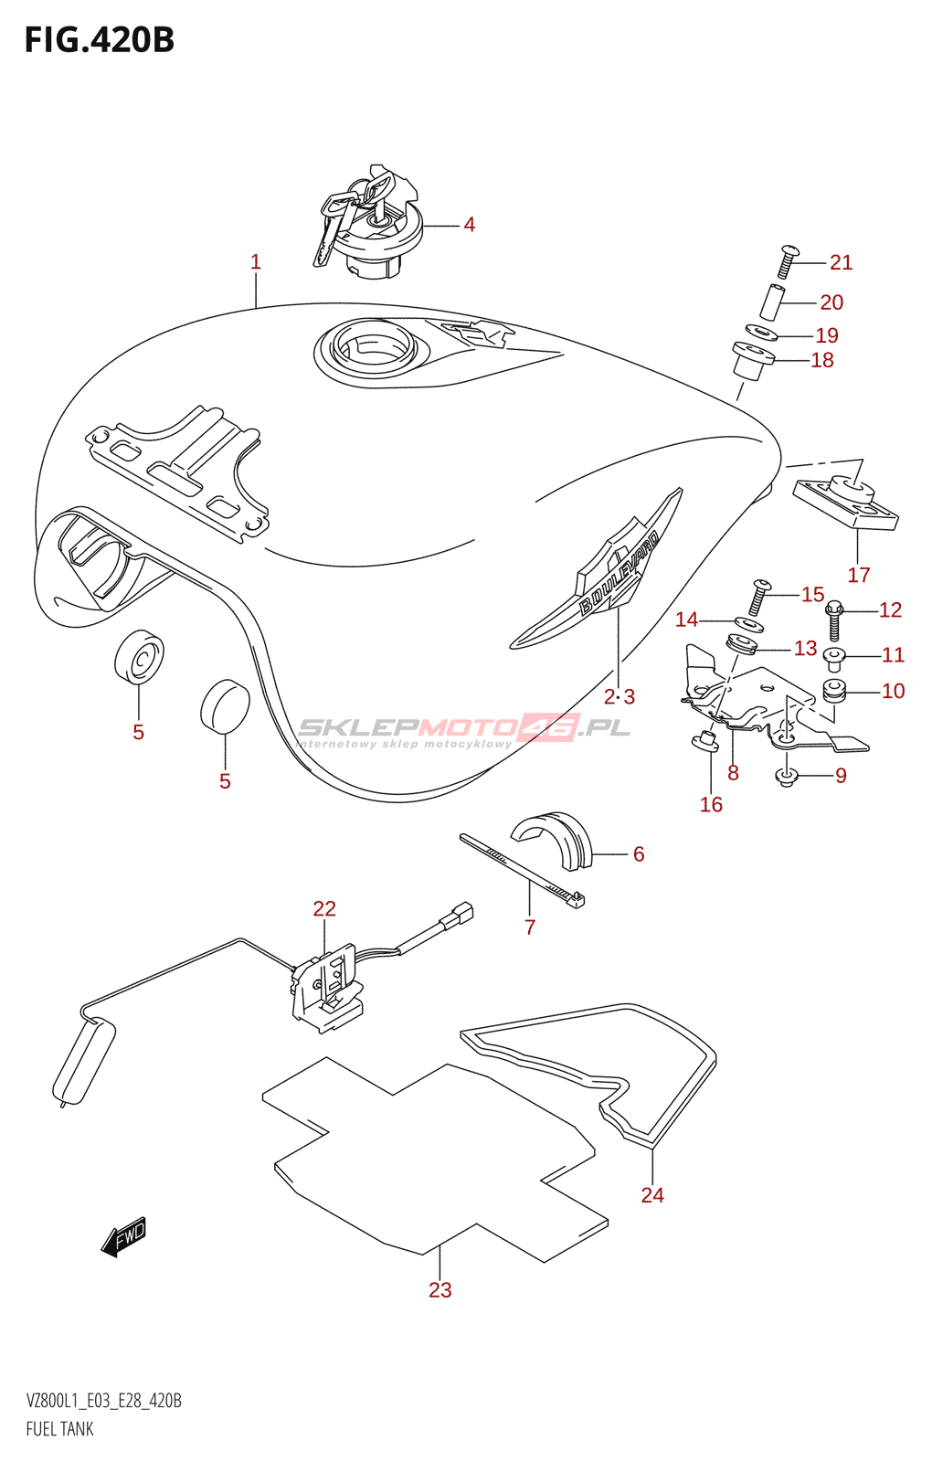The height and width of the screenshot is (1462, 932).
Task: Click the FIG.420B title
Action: (x=99, y=40)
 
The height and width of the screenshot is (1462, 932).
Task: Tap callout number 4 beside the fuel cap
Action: (x=469, y=225)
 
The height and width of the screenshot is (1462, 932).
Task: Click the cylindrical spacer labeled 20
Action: (x=773, y=302)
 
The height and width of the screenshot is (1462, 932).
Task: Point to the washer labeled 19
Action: (x=761, y=333)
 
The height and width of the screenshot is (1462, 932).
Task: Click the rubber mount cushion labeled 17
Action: (x=847, y=504)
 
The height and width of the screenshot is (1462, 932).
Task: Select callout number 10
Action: (x=893, y=691)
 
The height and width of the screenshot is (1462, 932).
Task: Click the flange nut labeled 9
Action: (x=786, y=777)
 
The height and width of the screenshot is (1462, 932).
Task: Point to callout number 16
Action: (x=711, y=804)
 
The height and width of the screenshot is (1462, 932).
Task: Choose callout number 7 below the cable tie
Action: (x=530, y=927)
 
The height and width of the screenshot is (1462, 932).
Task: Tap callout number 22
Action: (x=324, y=908)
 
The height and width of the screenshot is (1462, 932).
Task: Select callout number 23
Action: (x=440, y=1289)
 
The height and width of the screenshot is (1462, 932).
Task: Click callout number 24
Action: (x=652, y=1194)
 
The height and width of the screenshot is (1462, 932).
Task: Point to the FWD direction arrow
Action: (x=124, y=1238)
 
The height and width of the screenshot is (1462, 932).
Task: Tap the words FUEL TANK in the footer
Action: (x=60, y=1429)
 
